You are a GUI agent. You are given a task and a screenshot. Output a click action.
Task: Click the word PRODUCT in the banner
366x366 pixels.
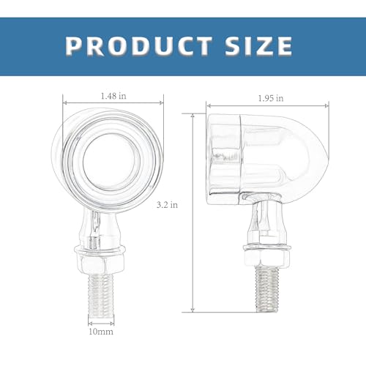(138, 46)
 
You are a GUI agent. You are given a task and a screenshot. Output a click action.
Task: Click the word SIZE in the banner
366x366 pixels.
(258, 46)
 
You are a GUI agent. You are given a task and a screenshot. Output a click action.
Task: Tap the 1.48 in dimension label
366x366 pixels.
(113, 96)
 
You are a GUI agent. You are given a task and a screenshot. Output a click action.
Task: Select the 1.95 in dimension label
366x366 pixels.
(271, 98)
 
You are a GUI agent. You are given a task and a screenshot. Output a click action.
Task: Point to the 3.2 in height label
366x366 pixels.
(167, 205)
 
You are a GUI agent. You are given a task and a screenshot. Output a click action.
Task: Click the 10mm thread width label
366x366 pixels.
(101, 332)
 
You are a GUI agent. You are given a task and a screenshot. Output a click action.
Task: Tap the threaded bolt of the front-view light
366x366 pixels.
(100, 295)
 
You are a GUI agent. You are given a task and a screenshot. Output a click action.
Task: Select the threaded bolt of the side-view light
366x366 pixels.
(267, 289)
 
